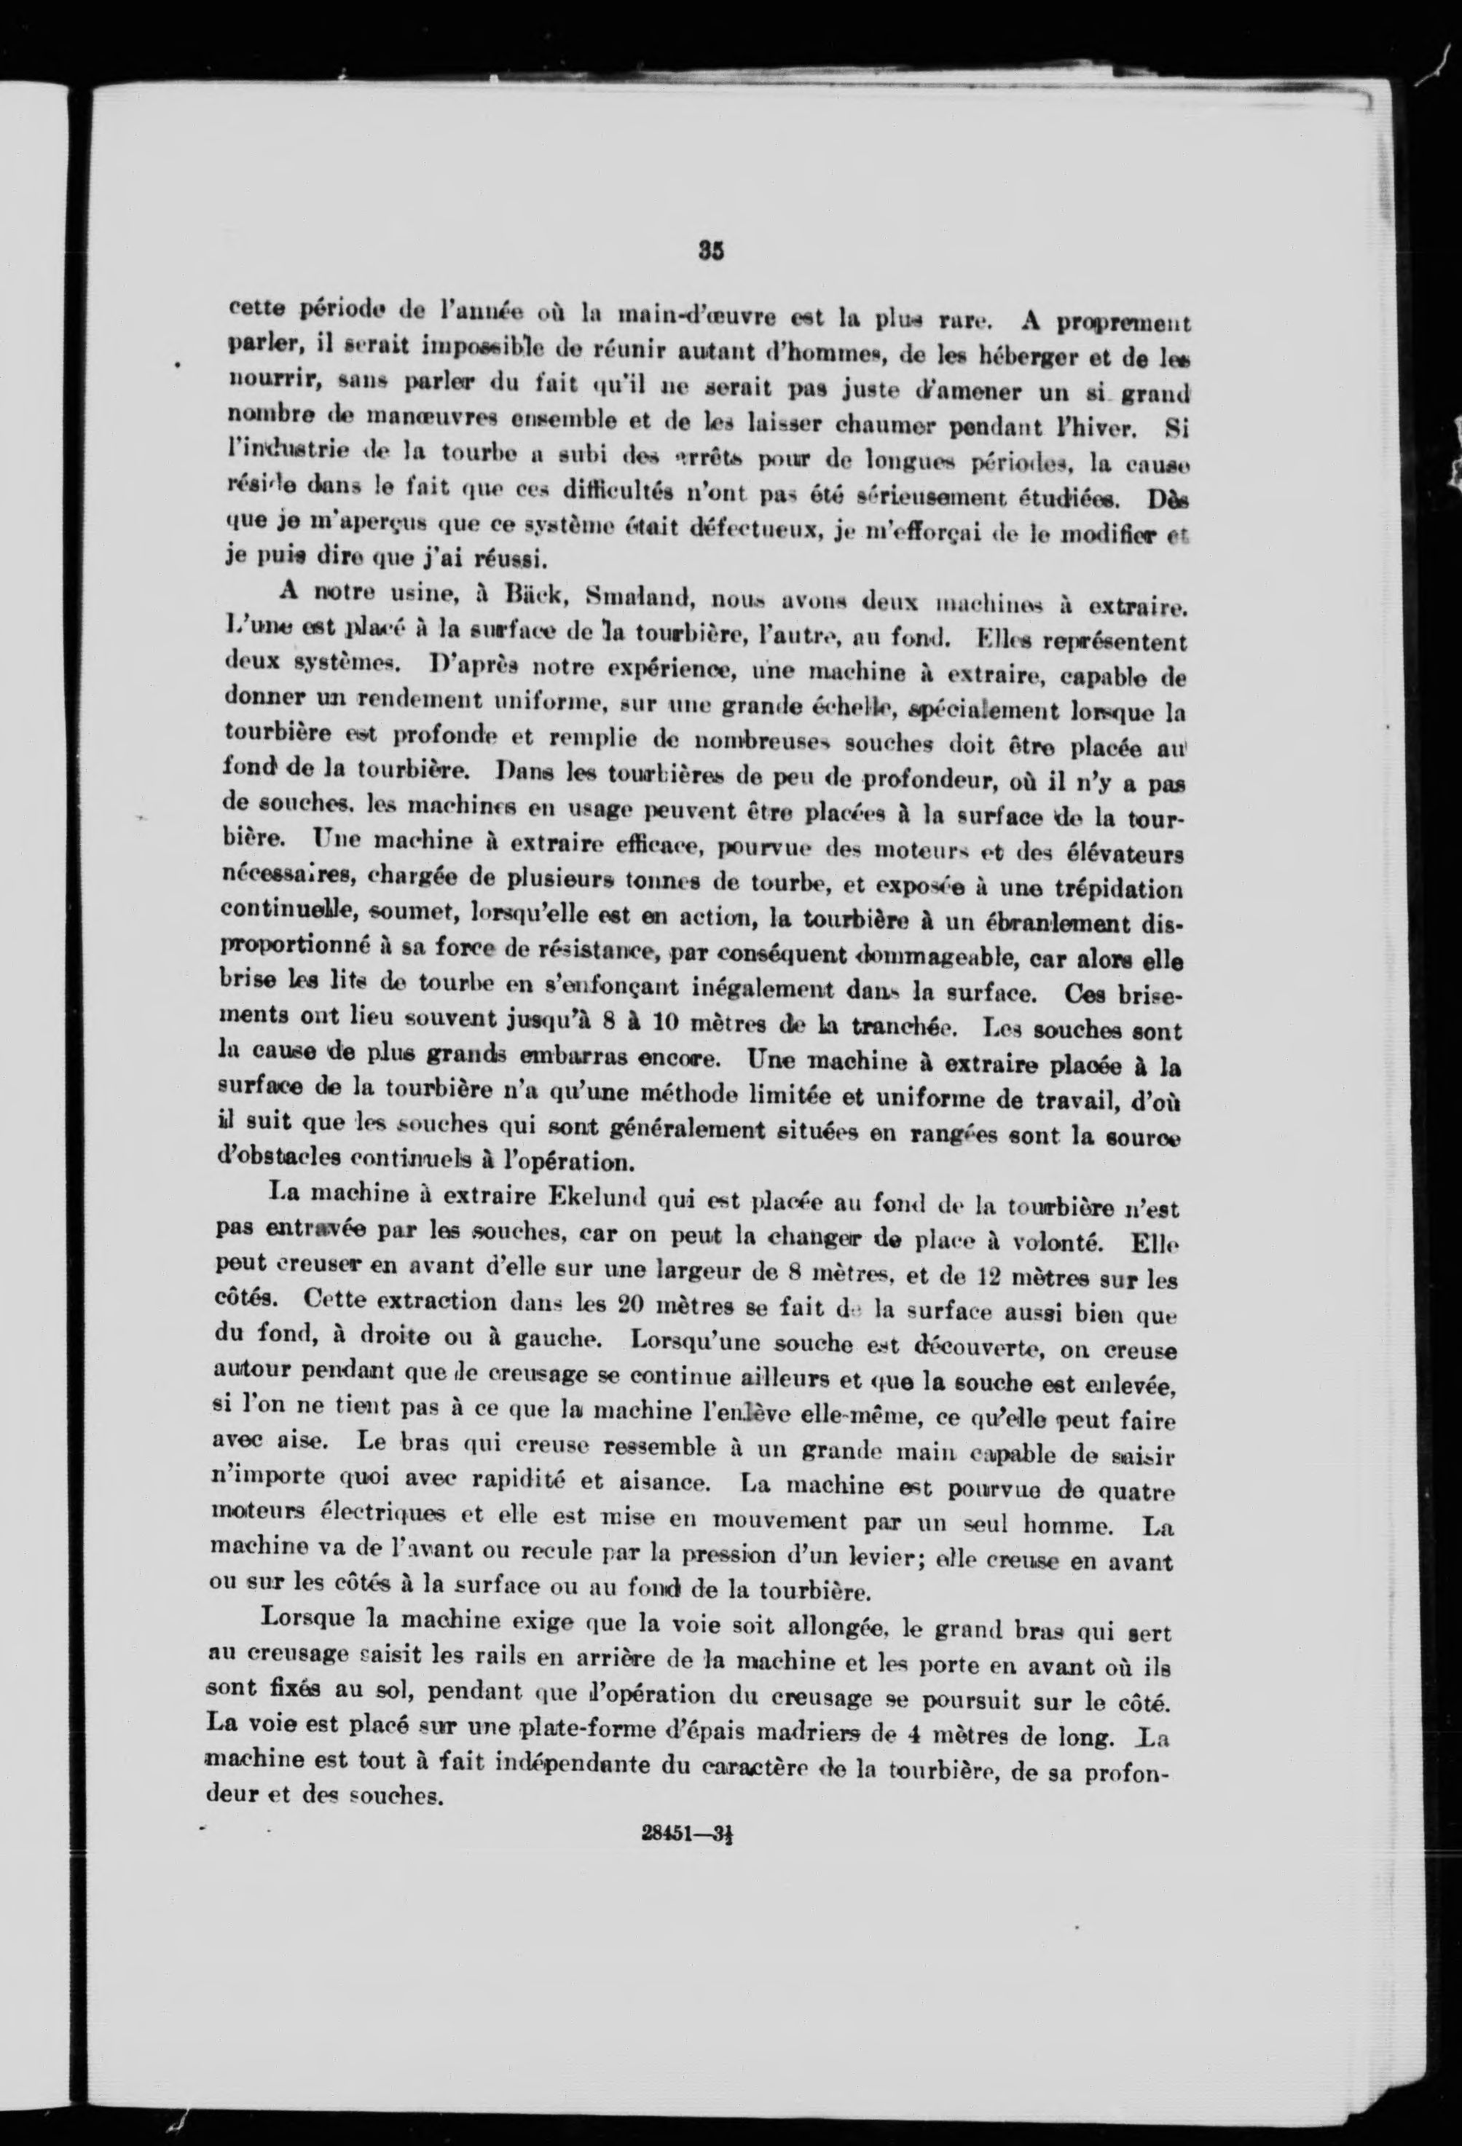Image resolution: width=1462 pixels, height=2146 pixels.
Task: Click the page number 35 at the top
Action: (710, 252)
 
